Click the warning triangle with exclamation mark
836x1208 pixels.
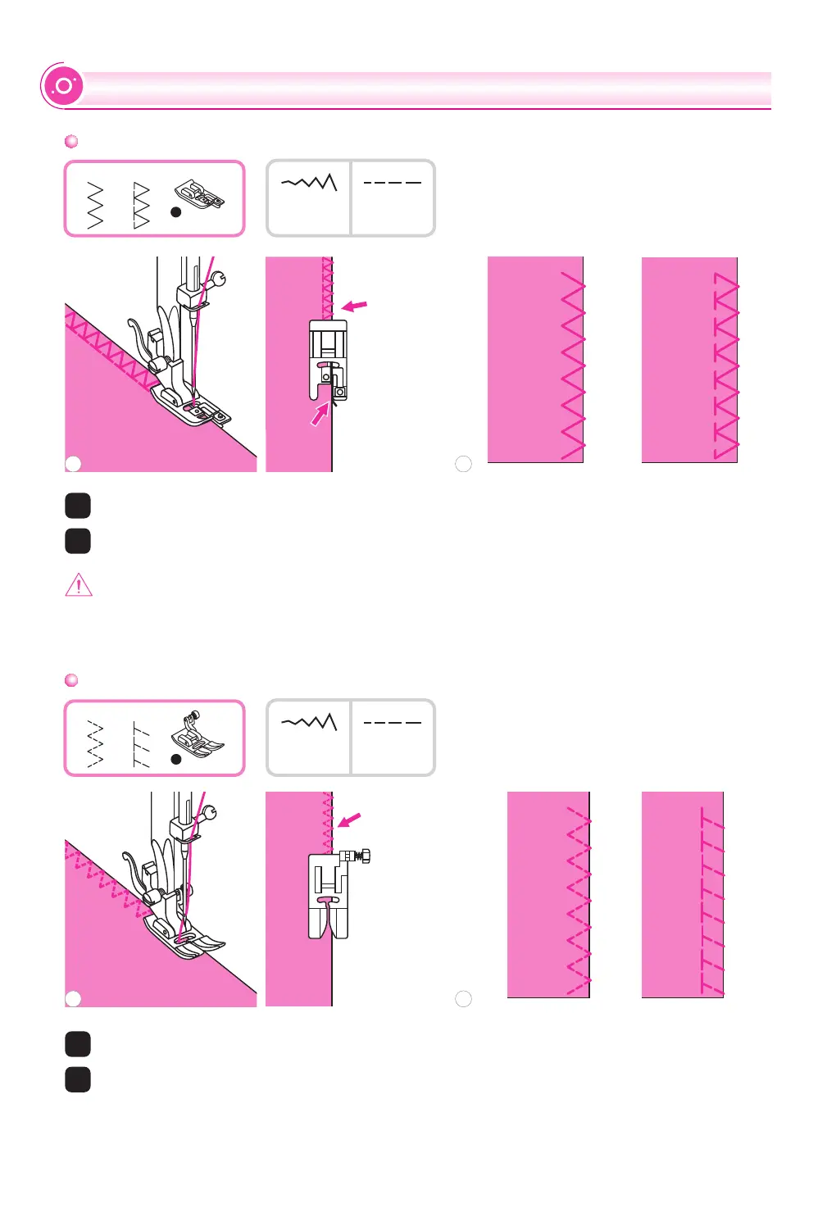[79, 585]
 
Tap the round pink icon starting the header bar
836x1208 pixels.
[63, 86]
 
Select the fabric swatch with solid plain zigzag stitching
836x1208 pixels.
[535, 360]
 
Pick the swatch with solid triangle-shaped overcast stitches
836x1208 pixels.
[689, 360]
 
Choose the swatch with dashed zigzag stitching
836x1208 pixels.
[548, 894]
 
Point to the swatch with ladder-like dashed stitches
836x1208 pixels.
[682, 894]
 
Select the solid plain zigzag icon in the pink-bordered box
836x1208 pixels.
[95, 206]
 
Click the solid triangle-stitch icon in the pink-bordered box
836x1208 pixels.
[142, 206]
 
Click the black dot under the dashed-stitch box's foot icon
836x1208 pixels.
[175, 760]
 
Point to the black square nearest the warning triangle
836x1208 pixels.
[78, 541]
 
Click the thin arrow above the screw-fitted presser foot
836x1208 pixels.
[349, 820]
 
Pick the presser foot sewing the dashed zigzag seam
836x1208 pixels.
[184, 934]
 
